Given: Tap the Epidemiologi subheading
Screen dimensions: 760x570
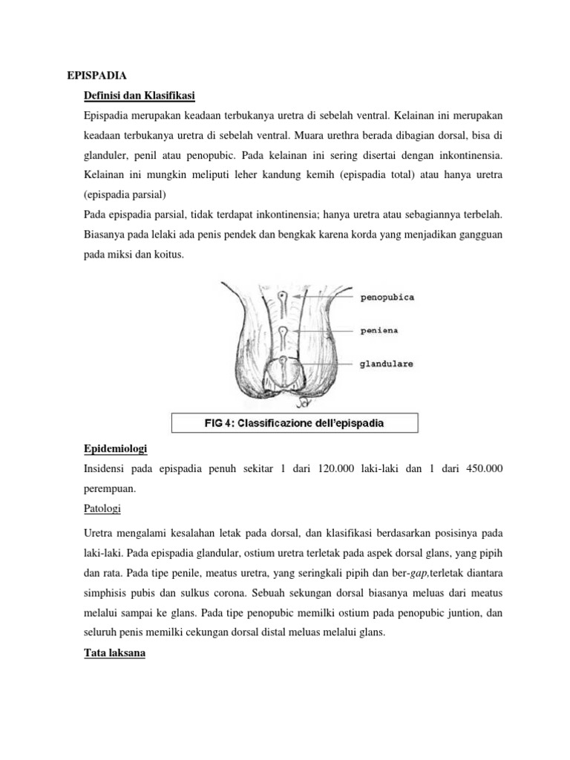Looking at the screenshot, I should click(x=116, y=449).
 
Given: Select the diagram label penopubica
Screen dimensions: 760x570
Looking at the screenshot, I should click(x=387, y=297).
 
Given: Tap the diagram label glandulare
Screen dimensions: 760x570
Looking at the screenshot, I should click(x=387, y=364).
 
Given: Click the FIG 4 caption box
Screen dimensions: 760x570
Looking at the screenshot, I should click(x=295, y=424).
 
